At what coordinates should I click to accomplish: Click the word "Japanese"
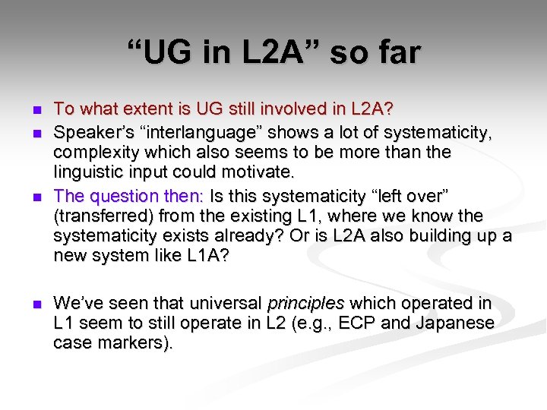tap(457, 323)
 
